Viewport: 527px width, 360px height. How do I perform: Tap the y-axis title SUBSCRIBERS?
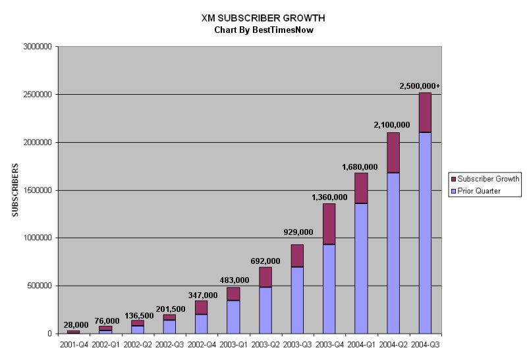15,190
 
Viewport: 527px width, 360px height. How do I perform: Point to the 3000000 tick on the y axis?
38,47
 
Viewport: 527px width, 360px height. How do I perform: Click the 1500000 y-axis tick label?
38,190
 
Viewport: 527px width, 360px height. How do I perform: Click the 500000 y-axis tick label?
40,286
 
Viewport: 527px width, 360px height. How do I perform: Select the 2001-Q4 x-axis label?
73,344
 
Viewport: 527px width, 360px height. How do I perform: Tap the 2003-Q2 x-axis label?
265,344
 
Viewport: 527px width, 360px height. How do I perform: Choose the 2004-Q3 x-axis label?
425,344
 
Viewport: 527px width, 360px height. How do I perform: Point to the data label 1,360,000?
329,197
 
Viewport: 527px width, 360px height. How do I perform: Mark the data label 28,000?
76,324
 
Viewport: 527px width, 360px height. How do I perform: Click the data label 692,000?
265,261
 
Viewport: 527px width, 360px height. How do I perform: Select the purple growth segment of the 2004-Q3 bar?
425,113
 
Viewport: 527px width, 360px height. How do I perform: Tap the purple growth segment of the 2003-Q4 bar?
329,224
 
